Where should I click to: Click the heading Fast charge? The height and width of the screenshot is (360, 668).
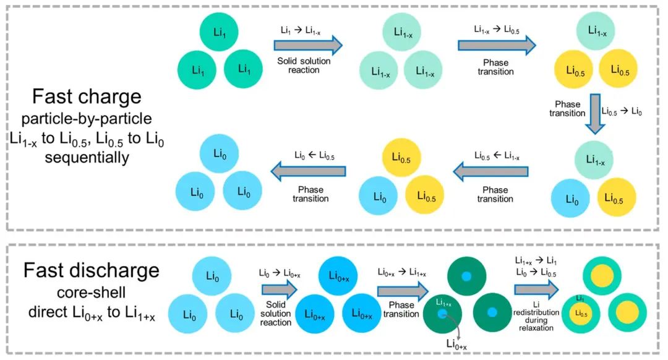tap(88, 96)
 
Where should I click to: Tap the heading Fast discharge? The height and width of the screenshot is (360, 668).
tap(91, 270)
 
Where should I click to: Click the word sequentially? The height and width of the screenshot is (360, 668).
tap(88, 158)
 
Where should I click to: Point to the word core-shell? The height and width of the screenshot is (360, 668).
tap(91, 294)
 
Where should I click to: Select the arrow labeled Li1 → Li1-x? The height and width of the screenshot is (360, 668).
tap(307, 45)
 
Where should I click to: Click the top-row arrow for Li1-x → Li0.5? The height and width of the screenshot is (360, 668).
tap(497, 45)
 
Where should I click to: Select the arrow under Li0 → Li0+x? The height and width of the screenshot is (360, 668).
tap(278, 289)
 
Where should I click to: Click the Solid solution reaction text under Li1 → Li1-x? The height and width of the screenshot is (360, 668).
tap(305, 65)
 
